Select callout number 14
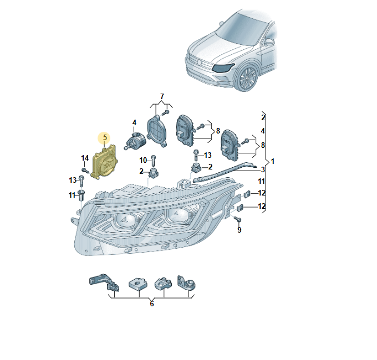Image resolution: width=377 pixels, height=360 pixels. pos(85,158)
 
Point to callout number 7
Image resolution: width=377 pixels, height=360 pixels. pos(162,97)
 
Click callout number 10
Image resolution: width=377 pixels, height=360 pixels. pos(143,161)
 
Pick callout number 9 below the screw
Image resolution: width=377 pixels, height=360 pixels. pos(240,230)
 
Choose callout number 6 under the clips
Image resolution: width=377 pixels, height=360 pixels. pos(152,303)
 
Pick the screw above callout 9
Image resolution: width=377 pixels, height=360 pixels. pos(238,220)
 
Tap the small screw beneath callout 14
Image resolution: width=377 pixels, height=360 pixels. pos(85,169)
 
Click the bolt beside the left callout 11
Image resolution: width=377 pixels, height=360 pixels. pos(81,194)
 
